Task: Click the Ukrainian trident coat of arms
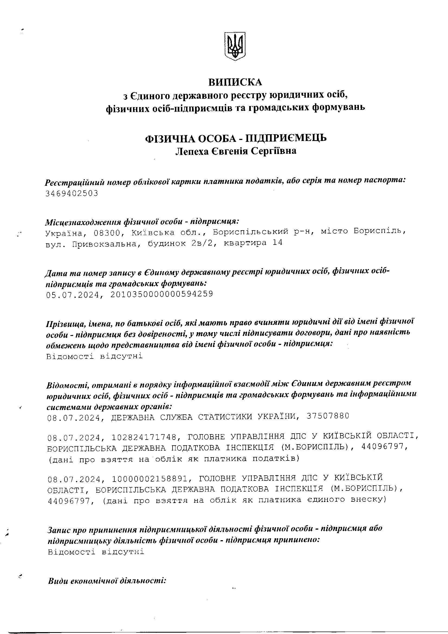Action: [235, 46]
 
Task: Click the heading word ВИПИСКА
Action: [235, 82]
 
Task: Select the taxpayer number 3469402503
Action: [72, 193]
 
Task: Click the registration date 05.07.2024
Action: [73, 295]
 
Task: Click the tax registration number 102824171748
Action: [144, 437]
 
